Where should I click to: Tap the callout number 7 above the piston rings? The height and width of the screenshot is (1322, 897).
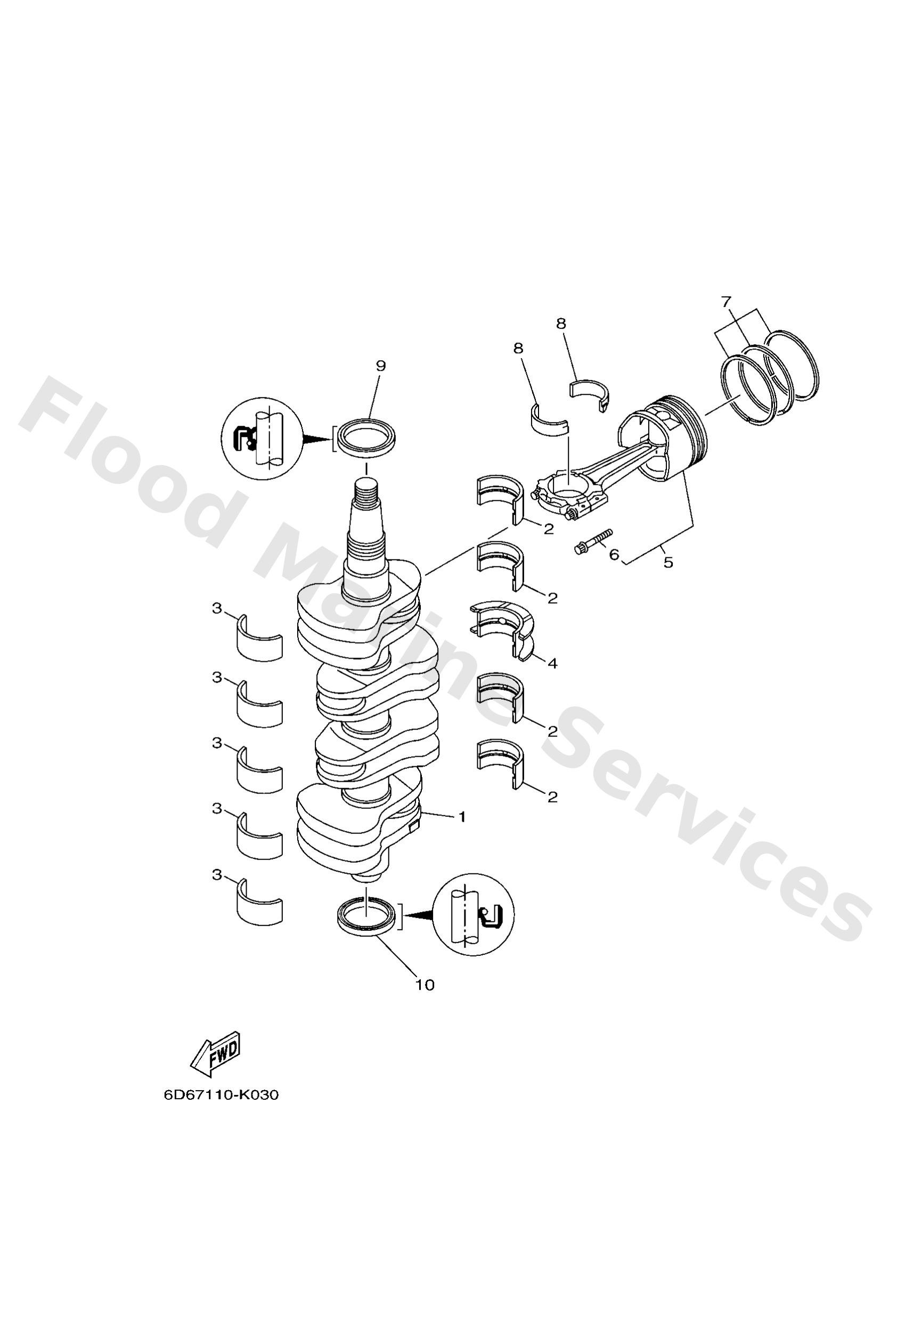[x=727, y=302]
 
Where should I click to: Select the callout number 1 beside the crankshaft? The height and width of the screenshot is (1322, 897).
[x=462, y=817]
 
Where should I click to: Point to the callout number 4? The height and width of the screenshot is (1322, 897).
[x=552, y=663]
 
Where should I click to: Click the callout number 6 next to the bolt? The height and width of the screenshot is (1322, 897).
[x=614, y=554]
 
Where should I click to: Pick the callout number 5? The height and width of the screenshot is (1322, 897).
[x=668, y=563]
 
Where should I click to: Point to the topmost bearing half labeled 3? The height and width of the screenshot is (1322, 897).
[x=259, y=638]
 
